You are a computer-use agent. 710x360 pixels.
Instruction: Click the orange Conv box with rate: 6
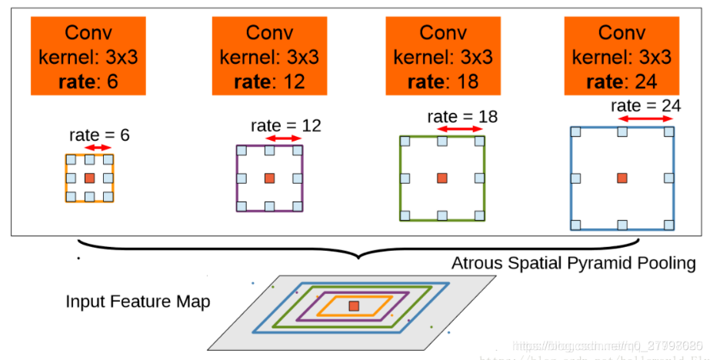pos(88,56)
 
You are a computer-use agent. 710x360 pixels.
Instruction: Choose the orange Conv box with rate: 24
pos(622,56)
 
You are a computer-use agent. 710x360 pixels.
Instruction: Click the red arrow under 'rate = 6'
pos(98,148)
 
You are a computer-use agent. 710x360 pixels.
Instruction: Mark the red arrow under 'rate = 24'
pos(645,119)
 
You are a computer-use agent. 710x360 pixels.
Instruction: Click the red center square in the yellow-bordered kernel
pos(89,178)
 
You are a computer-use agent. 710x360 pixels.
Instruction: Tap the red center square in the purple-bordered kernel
pos(269,178)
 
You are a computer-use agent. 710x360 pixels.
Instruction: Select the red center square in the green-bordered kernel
pos(442,178)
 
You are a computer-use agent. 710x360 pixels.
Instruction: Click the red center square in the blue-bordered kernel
pos(622,178)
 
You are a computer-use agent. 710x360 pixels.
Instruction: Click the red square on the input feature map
pos(353,306)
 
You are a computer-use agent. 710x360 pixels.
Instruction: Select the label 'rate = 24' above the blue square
pos(646,105)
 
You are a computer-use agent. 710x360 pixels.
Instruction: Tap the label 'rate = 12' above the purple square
pos(285,125)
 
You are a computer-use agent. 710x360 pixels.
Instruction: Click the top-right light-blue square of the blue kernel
pos(668,132)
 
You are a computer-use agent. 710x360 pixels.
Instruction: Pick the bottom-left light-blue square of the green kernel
pos(405,215)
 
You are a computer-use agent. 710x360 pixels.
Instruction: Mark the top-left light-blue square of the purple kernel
pos(242,149)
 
